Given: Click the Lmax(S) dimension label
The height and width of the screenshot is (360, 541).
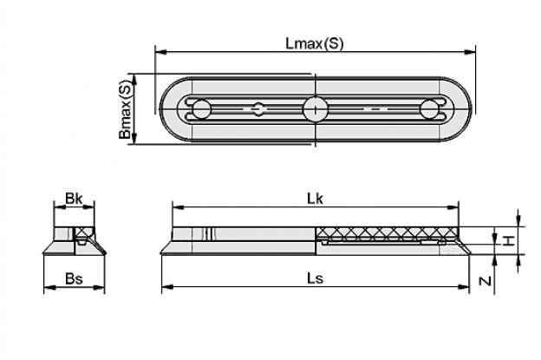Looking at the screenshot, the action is pos(315,43).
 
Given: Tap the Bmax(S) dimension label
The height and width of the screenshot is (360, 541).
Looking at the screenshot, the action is pos(126,110).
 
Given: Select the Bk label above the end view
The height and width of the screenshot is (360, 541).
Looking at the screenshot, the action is pos(74,199).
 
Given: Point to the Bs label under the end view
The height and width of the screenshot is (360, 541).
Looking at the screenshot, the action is pos(75,278).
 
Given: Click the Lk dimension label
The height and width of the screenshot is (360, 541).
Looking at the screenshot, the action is pos(315,199).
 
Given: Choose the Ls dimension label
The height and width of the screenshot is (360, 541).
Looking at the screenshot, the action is pos(316,278).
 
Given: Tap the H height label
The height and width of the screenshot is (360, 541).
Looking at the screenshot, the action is pos(507,240).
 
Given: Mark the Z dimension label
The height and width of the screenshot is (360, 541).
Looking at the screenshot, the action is pos(486,281).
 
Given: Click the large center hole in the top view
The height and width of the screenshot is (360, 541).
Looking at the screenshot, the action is pos(316,109).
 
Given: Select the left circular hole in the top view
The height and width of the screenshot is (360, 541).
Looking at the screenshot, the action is pos(201,109).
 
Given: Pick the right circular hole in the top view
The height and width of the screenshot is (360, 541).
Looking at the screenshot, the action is pos(429,109).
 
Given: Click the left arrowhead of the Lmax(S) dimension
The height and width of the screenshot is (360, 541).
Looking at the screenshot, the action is pos(160,52).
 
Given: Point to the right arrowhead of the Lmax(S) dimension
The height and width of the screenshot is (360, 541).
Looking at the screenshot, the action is pos(470,52).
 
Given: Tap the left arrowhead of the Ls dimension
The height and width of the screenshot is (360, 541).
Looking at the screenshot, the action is pos(167,286).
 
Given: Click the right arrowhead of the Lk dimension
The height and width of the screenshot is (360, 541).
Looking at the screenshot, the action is pos(453,207).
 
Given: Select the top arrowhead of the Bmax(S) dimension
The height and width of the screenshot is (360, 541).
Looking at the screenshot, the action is pos(135,80).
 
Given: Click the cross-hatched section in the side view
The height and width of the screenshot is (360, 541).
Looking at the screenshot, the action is pos(388,233).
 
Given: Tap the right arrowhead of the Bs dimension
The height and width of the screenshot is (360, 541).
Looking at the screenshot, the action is pos(99,287).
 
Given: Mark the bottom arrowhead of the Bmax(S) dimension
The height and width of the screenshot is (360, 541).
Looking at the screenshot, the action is pos(135,139).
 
